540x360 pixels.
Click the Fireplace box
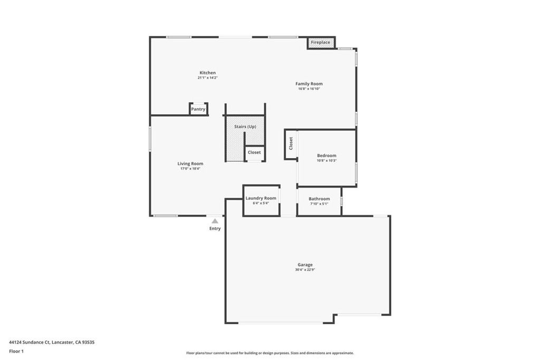tap(321, 42)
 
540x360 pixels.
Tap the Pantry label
tap(198, 109)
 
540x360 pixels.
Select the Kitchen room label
tap(208, 73)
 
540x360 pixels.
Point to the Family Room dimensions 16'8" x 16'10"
tap(309, 89)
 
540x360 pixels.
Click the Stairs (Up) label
tap(245, 127)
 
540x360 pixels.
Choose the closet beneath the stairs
tap(254, 152)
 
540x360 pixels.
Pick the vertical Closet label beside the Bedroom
tap(291, 143)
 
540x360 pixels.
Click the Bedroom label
tap(326, 155)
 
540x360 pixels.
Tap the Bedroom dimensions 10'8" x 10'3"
tap(326, 160)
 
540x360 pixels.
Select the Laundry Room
tap(261, 201)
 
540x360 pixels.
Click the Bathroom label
tap(319, 199)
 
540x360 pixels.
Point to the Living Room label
tap(190, 163)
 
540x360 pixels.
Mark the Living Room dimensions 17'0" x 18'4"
tap(190, 169)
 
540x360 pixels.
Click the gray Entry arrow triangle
tap(215, 221)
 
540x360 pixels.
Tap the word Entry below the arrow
tap(215, 229)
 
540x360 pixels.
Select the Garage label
tap(305, 265)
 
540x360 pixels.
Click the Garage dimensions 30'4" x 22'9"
tap(305, 270)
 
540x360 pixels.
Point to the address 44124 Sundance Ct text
tap(30, 342)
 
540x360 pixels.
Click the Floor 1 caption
tap(16, 352)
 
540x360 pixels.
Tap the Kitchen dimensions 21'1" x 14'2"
tap(208, 78)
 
